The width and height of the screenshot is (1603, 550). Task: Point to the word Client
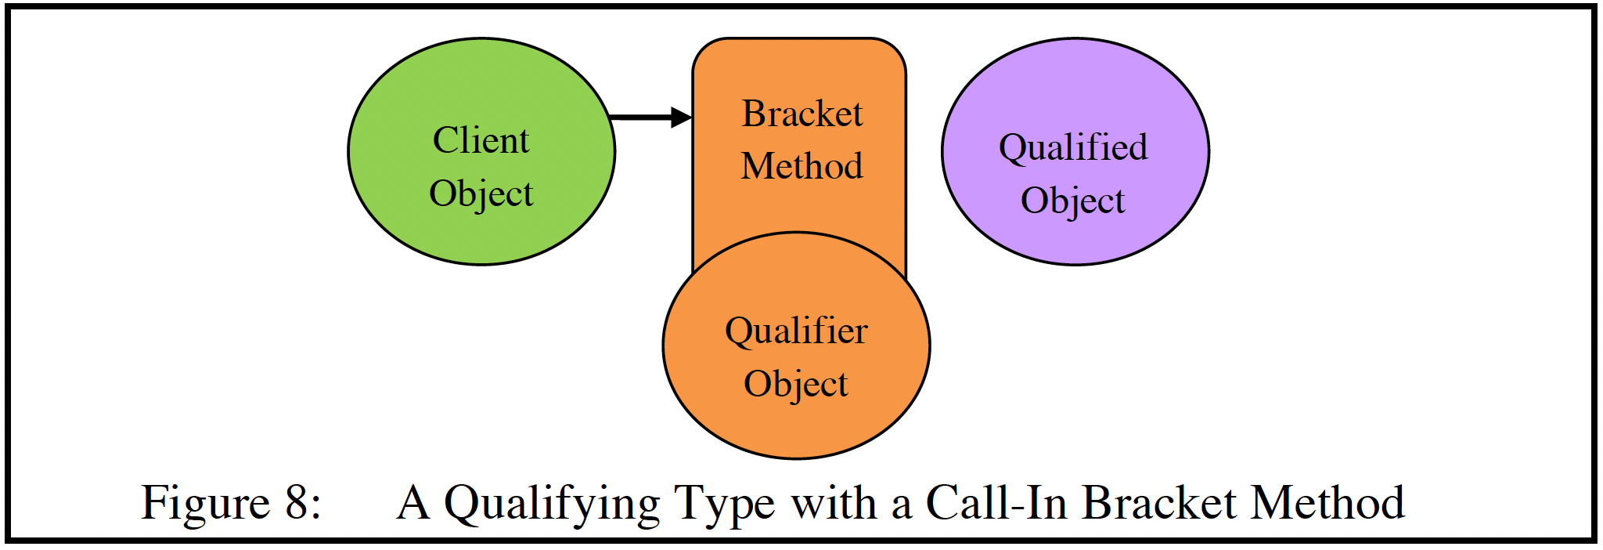(481, 141)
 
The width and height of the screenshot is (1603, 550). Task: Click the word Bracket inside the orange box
(801, 114)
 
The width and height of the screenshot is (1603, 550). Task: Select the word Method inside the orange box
(801, 166)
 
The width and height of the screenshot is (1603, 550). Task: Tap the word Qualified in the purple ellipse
(1073, 148)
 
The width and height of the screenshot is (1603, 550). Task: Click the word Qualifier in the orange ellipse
(796, 331)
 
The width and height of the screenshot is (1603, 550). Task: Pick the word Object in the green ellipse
(481, 194)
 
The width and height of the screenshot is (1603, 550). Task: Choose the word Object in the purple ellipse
(1072, 201)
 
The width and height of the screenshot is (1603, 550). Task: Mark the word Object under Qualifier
(795, 385)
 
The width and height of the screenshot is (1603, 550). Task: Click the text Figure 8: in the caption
(230, 502)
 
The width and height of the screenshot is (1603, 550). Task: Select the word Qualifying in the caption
(552, 504)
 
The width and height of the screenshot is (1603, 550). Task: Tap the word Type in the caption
(723, 504)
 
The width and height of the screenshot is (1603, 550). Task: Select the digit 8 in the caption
(297, 502)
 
